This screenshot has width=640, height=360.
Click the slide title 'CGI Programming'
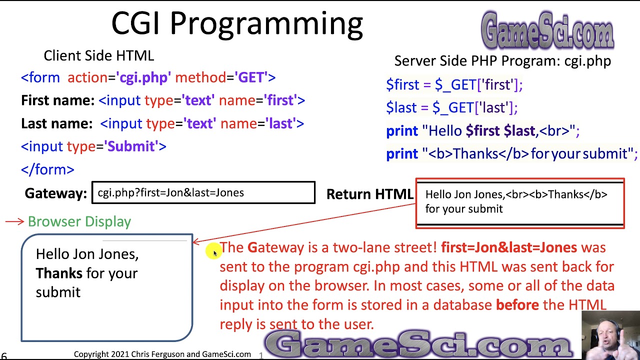tap(236, 23)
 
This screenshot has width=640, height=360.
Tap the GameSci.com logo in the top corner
tap(547, 30)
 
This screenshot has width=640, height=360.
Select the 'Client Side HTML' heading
tap(98, 55)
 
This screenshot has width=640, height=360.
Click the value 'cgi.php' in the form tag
tap(144, 77)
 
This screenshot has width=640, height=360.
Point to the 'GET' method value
tap(251, 77)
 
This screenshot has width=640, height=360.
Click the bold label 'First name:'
tap(57, 100)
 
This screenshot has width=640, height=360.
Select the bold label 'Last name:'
tap(56, 123)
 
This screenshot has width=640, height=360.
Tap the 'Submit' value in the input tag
tap(131, 146)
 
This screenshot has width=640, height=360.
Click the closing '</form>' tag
tap(47, 169)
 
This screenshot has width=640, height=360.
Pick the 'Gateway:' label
tap(56, 193)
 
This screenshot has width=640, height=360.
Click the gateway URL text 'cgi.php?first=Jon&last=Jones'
tap(170, 192)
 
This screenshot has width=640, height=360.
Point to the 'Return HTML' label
tap(369, 194)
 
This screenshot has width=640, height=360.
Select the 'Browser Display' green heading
tap(79, 221)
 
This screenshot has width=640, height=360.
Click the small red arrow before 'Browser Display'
tap(14, 221)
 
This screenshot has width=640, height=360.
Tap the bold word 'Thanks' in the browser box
tap(59, 273)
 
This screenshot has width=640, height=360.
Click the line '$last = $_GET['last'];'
tap(451, 107)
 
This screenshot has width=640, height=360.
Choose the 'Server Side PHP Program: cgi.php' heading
tap(502, 61)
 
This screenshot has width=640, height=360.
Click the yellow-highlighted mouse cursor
tap(213, 252)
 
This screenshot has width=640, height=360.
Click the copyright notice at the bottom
tap(162, 354)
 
